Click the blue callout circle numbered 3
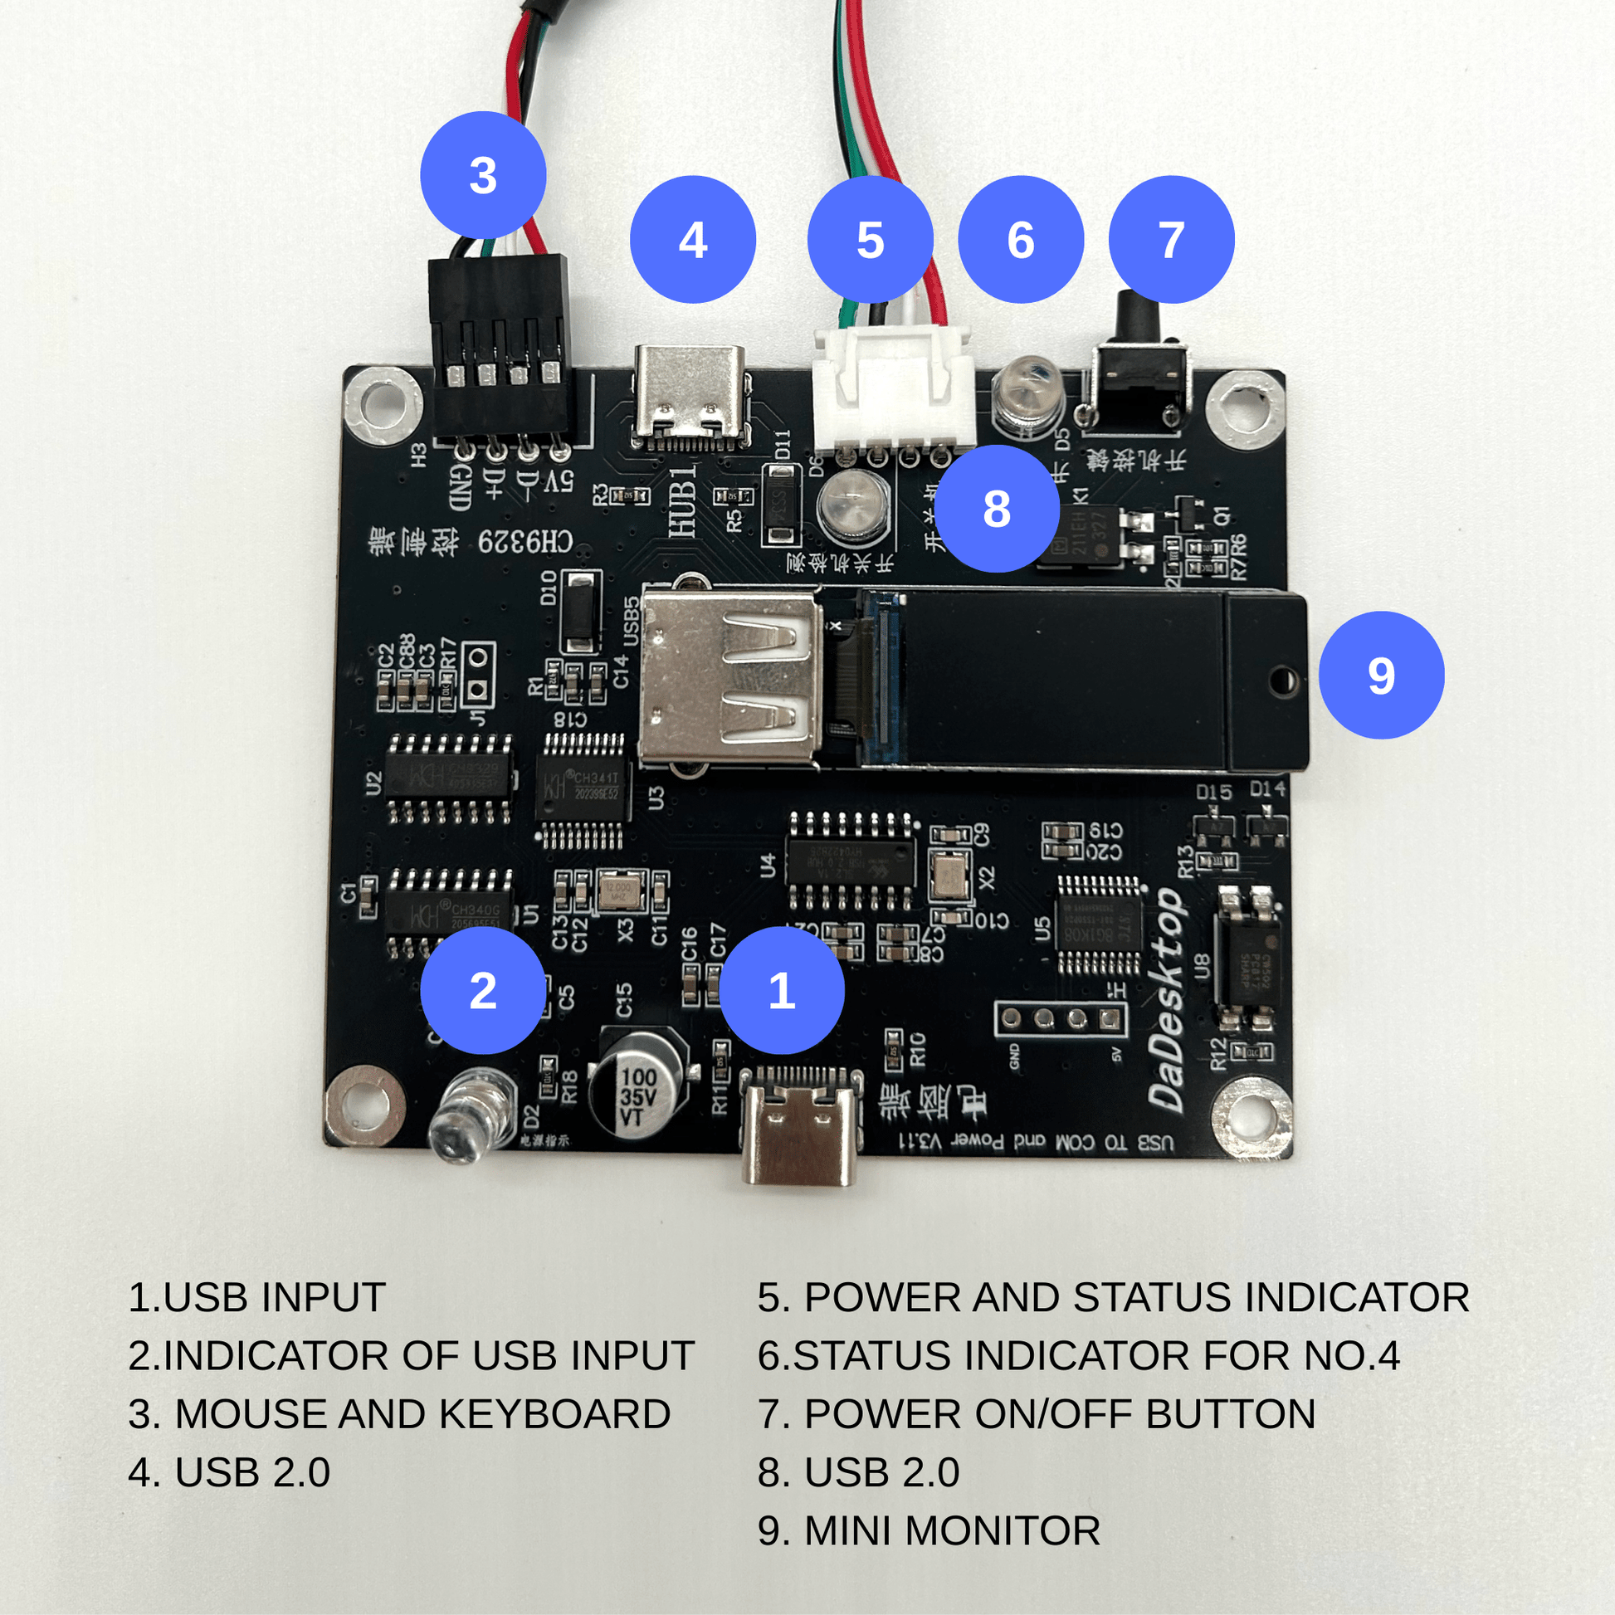point(483,175)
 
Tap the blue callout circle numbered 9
point(1381,675)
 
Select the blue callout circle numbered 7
point(1171,239)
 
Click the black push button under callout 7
point(1136,368)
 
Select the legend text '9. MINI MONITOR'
point(929,1530)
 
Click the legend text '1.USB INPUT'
point(256,1297)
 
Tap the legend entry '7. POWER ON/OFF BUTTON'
point(1037,1413)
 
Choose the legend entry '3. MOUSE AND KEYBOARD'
point(399,1413)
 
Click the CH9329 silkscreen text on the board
point(525,543)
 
